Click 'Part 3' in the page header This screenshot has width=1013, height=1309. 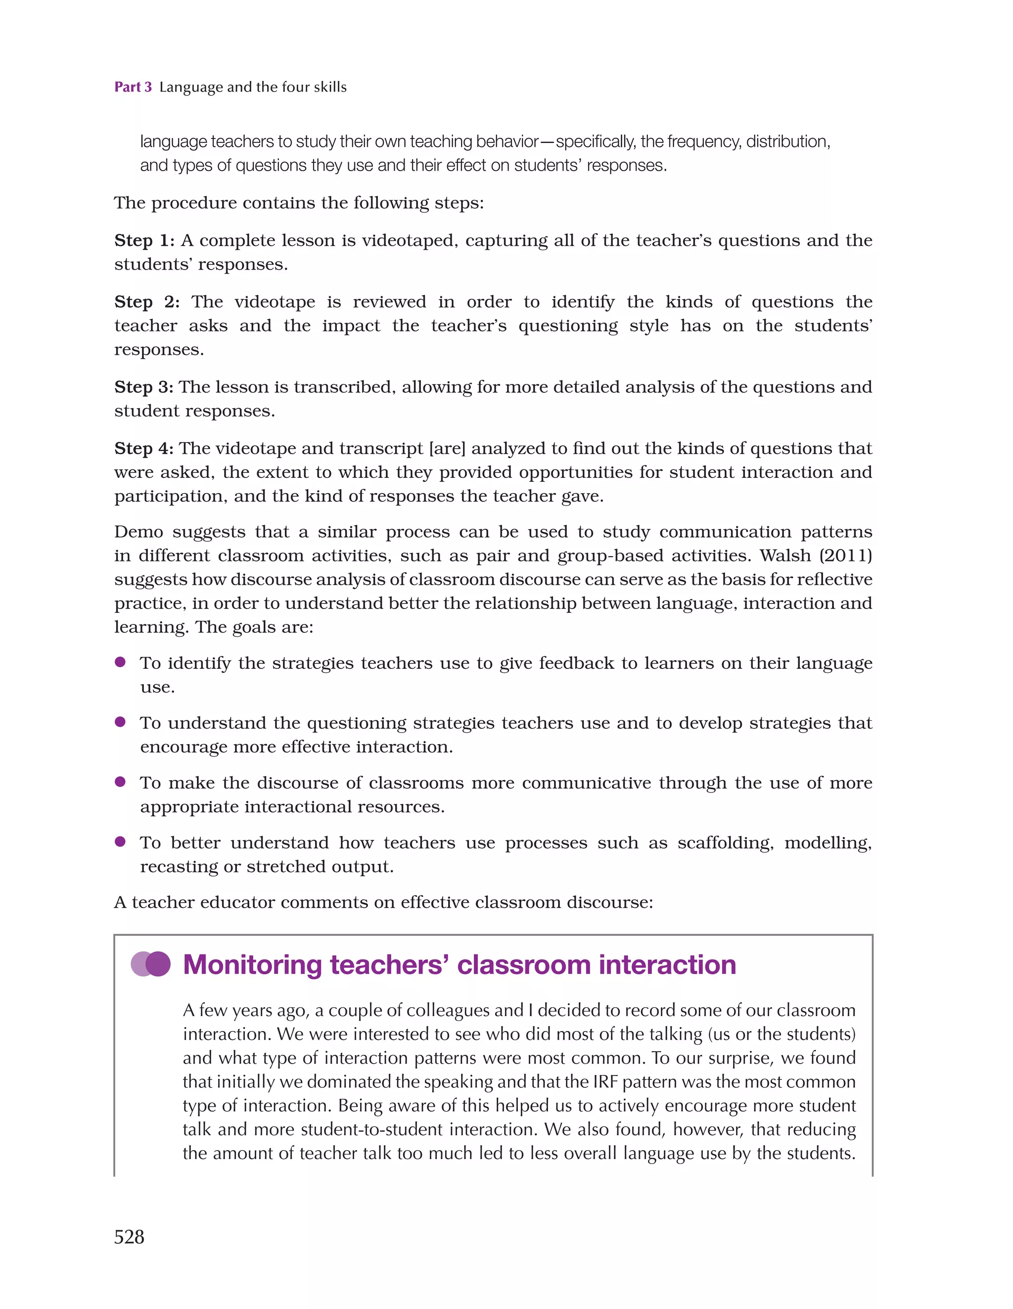coord(133,87)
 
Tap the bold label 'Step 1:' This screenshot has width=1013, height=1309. coord(144,240)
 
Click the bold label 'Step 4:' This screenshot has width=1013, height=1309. coord(144,448)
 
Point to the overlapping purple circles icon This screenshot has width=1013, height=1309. coord(151,964)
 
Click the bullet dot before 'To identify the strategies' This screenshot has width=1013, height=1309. coord(120,662)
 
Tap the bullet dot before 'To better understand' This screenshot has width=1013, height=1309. coord(120,841)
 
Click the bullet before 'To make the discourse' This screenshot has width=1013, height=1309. coord(120,782)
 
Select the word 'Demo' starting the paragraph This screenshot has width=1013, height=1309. coord(138,532)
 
